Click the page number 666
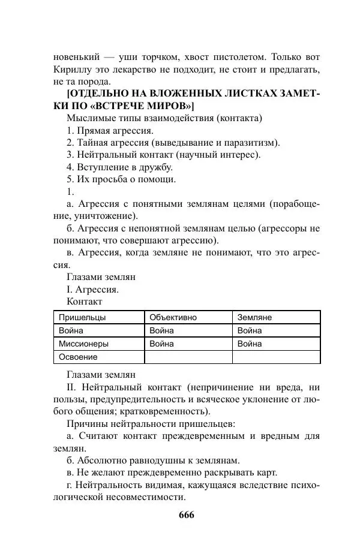click(186, 515)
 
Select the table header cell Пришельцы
click(82, 317)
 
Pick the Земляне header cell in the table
click(254, 317)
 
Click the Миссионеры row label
click(83, 344)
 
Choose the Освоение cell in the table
click(78, 357)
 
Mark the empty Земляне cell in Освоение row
click(276, 357)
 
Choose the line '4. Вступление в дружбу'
click(119, 167)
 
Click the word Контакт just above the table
click(85, 301)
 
